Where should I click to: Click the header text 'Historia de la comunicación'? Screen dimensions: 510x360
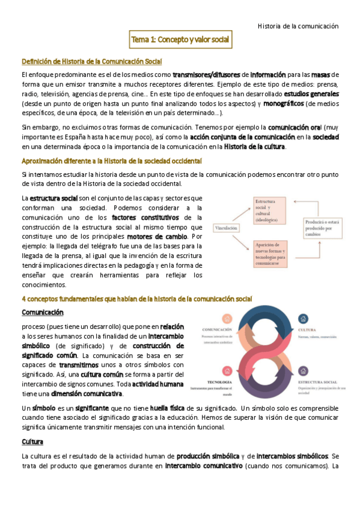[x=298, y=26]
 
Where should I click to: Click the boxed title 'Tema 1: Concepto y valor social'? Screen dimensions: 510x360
[x=180, y=40]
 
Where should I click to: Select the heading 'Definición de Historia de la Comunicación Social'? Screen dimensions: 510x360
[x=91, y=61]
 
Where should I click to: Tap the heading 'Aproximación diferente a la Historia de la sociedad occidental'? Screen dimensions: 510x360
[x=112, y=161]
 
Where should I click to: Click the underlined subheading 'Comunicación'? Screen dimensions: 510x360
[x=43, y=312]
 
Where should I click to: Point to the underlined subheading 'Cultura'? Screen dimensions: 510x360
[x=32, y=442]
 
